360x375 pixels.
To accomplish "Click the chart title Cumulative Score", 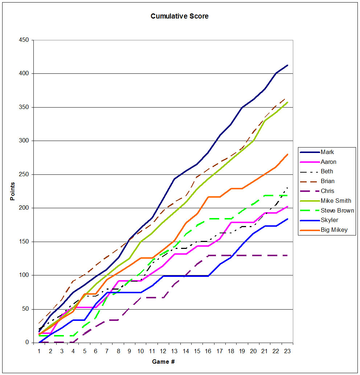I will (180, 16).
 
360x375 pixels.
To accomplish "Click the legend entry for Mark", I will (328, 152).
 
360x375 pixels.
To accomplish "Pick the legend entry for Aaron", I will (329, 162).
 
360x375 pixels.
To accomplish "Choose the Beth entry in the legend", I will (327, 172).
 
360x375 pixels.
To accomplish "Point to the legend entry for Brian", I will (328, 181).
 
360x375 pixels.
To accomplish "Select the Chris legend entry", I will (327, 191).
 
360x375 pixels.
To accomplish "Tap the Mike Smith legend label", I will (336, 201).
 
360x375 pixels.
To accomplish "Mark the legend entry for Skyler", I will (330, 220).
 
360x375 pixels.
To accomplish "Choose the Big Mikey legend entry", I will (334, 230).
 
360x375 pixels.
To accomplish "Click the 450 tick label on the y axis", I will (25, 40).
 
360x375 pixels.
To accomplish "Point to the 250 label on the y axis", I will (25, 174).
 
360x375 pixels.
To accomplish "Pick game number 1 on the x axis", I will (39, 351).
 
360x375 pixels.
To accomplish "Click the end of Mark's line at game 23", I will (287, 65).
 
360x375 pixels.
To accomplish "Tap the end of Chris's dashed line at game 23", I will (287, 255).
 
